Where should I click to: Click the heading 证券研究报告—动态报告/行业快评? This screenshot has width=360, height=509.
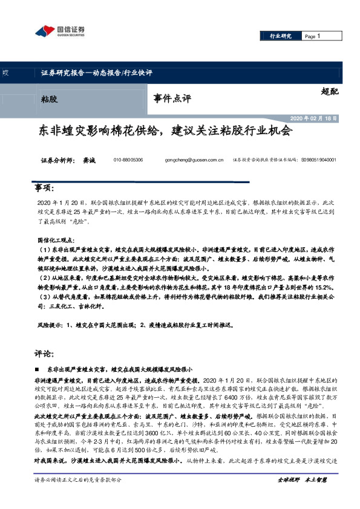pyautogui.click(x=96, y=73)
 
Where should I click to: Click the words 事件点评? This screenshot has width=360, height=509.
pyautogui.click(x=172, y=97)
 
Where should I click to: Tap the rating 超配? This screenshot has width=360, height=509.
pyautogui.click(x=330, y=92)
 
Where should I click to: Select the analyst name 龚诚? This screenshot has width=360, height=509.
pyautogui.click(x=90, y=161)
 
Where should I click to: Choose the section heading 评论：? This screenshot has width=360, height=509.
pyautogui.click(x=45, y=353)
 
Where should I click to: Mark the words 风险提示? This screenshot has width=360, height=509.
pyautogui.click(x=50, y=325)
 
